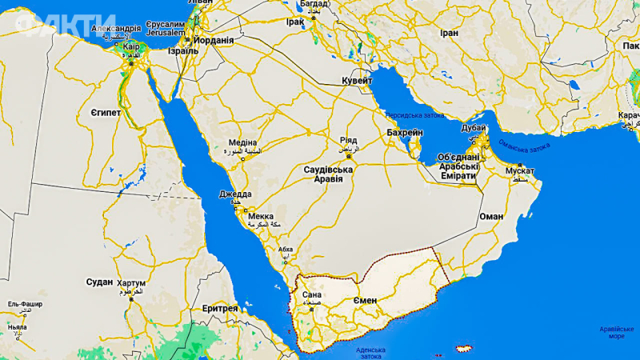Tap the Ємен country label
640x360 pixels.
(x=363, y=300)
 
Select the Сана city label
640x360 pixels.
(x=311, y=295)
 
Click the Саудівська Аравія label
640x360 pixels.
(x=328, y=174)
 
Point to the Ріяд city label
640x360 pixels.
(x=349, y=139)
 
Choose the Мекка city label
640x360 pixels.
(x=261, y=216)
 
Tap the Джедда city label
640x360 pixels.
(x=235, y=194)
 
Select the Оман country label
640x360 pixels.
(x=490, y=216)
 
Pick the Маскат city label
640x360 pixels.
(x=520, y=170)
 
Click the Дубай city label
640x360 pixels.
(x=474, y=128)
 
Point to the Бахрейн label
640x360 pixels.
(x=404, y=132)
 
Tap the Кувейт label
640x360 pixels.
(x=357, y=81)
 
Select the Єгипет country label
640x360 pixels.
(x=105, y=113)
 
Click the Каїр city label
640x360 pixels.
(x=131, y=46)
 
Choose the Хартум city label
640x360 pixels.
(x=131, y=283)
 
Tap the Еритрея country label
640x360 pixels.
(x=220, y=308)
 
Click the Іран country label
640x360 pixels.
(x=449, y=33)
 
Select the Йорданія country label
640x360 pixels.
(x=214, y=40)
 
